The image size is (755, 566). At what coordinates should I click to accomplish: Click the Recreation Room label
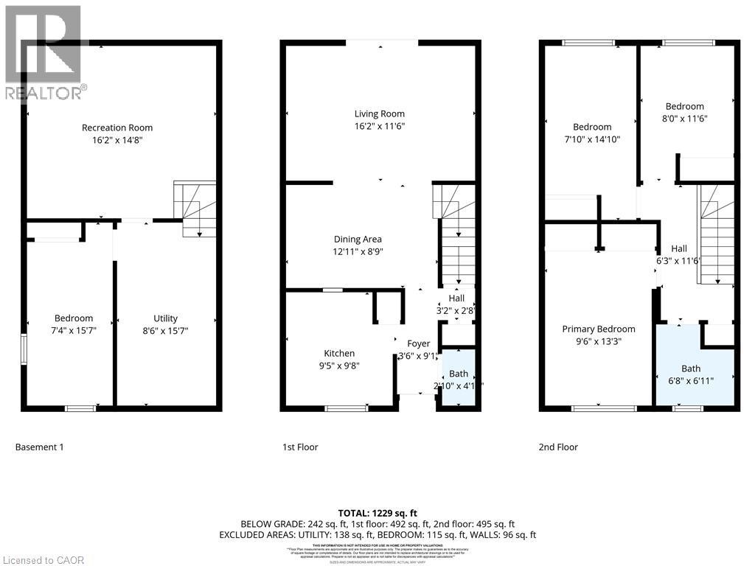(x=117, y=127)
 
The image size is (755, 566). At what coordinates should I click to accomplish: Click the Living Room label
(x=380, y=113)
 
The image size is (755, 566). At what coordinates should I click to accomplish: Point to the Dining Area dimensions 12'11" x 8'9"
(x=358, y=251)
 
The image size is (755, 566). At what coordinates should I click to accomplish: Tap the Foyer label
(x=419, y=343)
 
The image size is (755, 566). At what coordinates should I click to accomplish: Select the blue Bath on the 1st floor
(x=458, y=378)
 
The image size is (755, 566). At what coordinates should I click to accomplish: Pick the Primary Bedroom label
(x=598, y=329)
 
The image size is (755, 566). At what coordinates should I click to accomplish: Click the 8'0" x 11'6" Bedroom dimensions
(x=684, y=119)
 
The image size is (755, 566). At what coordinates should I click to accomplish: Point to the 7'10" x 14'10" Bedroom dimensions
(x=592, y=139)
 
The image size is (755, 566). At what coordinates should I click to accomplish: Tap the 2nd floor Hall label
(x=678, y=248)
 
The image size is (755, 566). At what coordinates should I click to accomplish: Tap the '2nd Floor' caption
(x=559, y=447)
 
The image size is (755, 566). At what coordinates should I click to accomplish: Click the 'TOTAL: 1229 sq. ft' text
(x=377, y=512)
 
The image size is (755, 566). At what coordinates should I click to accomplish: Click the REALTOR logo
(x=44, y=52)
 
